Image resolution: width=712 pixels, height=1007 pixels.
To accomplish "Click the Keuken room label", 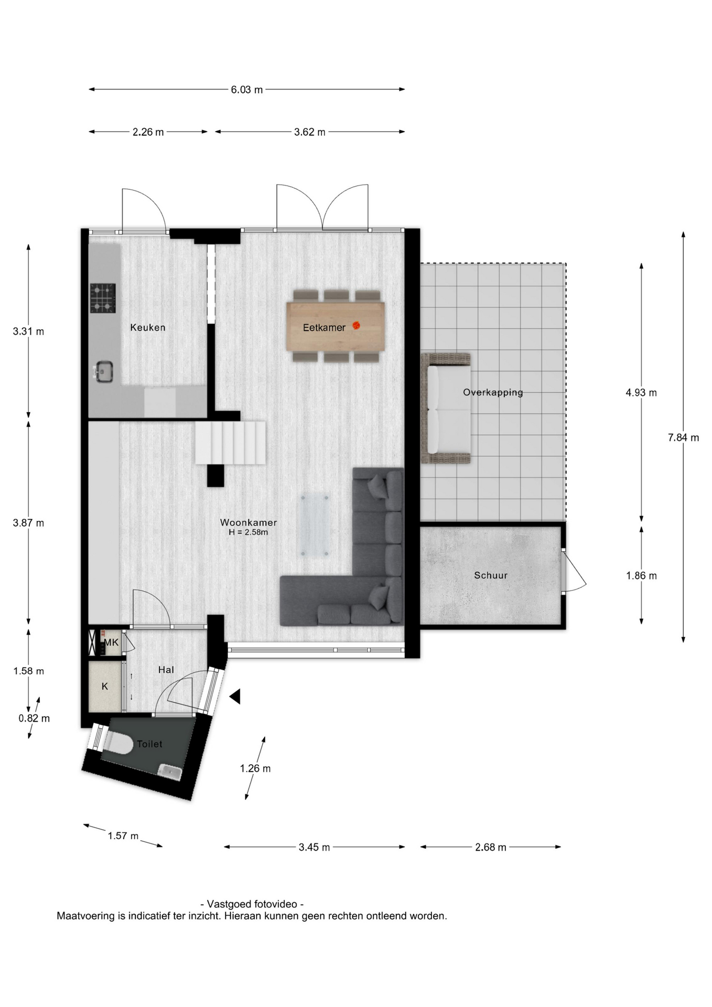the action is tap(148, 327).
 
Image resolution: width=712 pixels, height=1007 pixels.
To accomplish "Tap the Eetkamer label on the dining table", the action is tap(324, 327).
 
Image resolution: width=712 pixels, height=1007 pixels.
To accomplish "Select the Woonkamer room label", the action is tap(249, 522).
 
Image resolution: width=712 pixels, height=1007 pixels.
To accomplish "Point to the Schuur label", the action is tap(491, 575).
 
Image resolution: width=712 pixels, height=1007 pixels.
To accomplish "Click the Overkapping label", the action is tap(493, 392).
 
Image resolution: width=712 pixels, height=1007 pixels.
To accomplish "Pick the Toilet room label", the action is tap(149, 744).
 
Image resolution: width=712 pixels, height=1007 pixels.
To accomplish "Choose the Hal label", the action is tap(166, 670).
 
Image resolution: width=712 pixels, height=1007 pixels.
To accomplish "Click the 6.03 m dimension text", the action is tap(247, 90).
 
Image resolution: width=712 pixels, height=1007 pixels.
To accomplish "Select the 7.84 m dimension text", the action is tap(683, 437).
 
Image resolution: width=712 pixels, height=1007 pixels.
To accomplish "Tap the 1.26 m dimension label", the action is tap(255, 768).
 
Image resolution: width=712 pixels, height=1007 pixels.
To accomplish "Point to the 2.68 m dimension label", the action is tap(491, 847).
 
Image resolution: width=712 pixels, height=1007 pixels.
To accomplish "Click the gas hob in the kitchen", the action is tap(103, 298).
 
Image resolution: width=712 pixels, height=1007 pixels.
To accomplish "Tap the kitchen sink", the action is tap(103, 371).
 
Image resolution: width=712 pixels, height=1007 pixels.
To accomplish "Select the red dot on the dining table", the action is tap(357, 326).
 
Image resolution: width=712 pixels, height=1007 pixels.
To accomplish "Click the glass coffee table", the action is tap(314, 524).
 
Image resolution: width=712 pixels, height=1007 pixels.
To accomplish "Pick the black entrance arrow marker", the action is tap(235, 697).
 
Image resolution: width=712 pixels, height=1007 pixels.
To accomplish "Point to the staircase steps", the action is tap(231, 443).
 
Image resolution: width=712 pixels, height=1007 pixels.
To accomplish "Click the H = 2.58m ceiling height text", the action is tap(248, 532).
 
